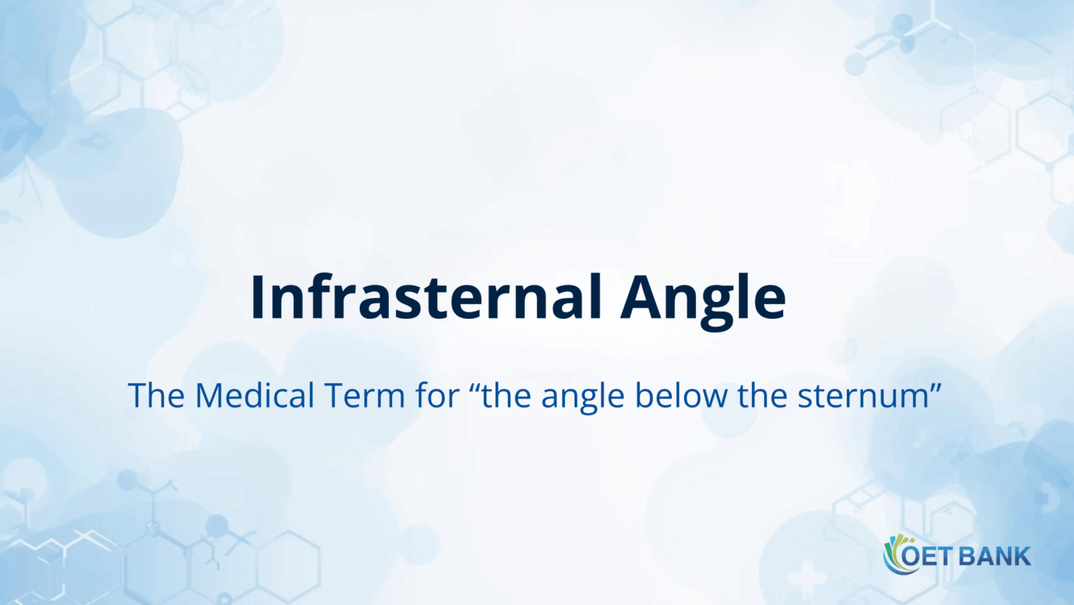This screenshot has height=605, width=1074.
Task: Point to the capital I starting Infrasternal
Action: click(x=258, y=298)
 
